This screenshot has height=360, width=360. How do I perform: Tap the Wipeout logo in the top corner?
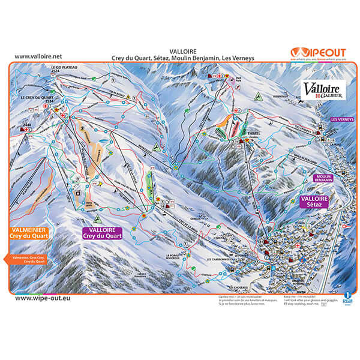318,53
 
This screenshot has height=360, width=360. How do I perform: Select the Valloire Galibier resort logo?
323,88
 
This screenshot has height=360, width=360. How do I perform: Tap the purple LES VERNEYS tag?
343,119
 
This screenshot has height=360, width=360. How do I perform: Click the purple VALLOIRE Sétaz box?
315,202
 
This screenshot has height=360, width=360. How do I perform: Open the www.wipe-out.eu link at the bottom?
40,298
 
